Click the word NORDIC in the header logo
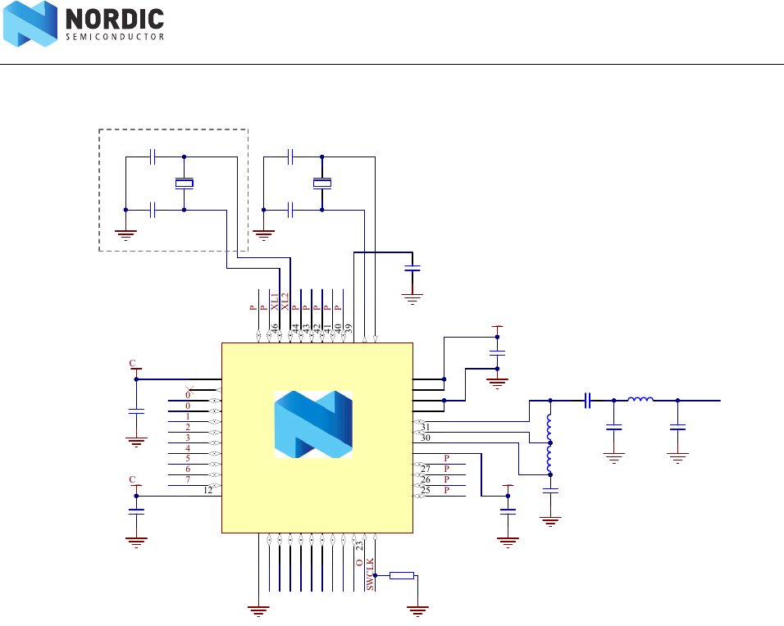114,19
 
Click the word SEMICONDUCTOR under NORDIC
114,37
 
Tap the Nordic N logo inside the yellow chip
313,424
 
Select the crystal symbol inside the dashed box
185,183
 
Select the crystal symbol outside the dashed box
322,183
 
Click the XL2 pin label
285,301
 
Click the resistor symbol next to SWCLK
402,575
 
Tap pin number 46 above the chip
275,329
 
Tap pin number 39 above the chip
349,329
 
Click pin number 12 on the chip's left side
209,491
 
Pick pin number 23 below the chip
359,546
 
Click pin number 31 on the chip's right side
426,427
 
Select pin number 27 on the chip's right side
426,469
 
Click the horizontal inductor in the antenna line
640,400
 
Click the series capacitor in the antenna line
588,401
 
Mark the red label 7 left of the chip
188,480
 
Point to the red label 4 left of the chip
188,448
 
